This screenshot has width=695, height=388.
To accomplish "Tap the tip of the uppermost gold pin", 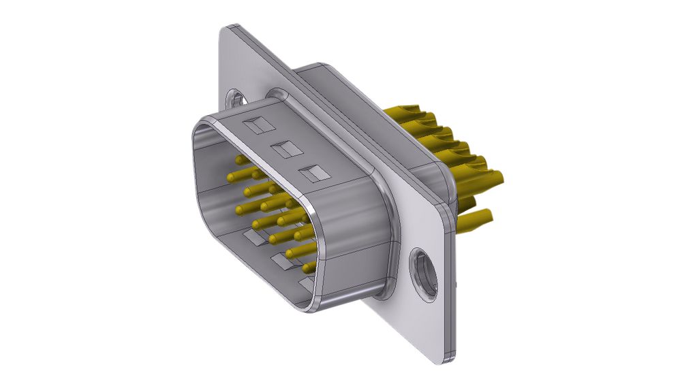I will pos(240,159).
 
